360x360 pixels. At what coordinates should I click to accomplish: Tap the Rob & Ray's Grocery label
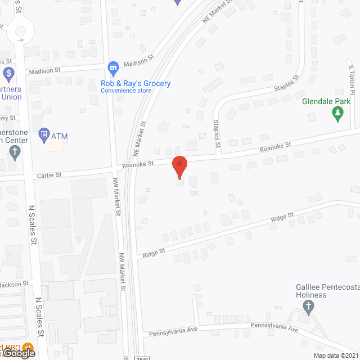click(x=136, y=84)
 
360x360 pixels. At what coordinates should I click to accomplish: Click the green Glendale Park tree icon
click(x=337, y=115)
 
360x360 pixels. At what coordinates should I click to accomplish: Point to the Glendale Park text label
click(x=326, y=101)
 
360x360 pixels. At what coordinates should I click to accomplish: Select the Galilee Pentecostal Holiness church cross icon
click(x=307, y=307)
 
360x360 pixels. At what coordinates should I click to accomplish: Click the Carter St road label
click(x=49, y=175)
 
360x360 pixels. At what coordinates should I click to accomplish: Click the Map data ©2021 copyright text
click(x=335, y=355)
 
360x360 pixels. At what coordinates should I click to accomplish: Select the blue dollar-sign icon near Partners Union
click(x=8, y=74)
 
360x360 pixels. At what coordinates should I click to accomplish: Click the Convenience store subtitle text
click(x=126, y=91)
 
